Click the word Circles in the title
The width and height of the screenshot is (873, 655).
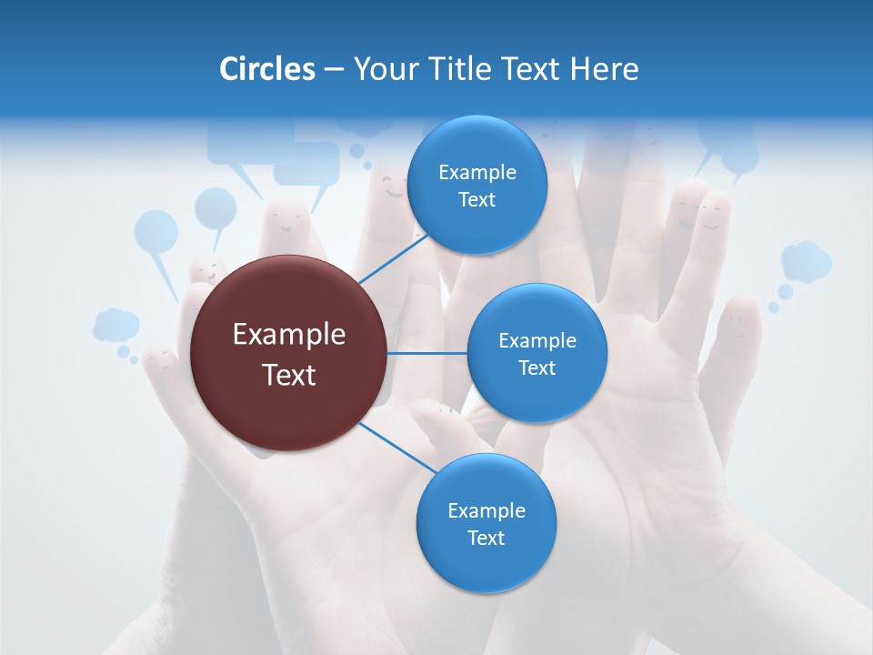pos(266,69)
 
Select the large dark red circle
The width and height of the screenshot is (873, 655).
pos(289,353)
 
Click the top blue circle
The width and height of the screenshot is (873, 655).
pos(477,185)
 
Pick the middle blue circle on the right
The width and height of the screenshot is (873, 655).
pos(537,353)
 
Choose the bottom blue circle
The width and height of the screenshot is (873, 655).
pos(486,523)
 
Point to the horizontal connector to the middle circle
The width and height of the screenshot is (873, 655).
pos(427,353)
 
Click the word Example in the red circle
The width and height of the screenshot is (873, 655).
pos(289,335)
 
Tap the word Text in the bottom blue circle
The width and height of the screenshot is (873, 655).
pos(486,538)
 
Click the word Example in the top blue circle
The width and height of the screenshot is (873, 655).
pos(477,172)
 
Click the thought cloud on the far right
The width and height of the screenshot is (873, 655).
pos(806,262)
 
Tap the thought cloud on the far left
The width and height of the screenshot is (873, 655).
pos(115,325)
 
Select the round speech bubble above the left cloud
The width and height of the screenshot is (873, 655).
pos(156,232)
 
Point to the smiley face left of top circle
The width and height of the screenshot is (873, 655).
pos(394,189)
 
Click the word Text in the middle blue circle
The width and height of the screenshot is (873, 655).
pos(537,368)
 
